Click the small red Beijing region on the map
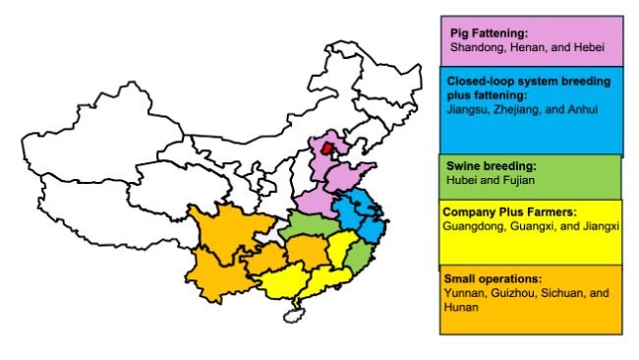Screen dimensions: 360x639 pos(327,149)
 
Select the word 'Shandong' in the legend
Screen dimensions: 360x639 pos(475,46)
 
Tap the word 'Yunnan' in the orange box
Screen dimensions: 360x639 pos(463,293)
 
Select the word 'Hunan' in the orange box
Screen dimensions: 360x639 pos(460,307)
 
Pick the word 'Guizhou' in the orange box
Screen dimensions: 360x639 pos(509,293)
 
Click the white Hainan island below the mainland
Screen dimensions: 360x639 pos(289,317)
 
